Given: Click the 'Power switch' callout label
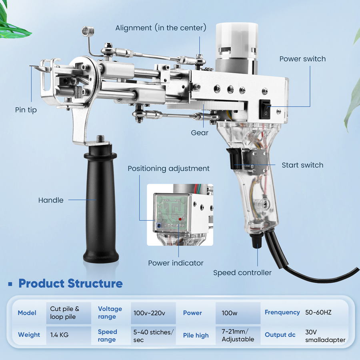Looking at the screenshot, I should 302,59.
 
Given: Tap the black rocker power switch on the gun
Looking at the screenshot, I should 265,109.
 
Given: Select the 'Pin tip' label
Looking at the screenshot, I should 26,110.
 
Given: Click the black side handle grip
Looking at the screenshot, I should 100,204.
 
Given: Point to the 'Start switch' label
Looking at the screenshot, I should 302,165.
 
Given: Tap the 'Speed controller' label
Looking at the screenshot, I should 242,273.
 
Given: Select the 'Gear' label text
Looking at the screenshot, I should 200,132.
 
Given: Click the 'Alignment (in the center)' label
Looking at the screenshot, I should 161,28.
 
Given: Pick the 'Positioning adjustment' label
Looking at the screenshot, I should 168,168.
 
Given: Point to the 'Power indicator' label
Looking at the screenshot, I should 176,263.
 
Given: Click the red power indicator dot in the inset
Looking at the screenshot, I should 180,219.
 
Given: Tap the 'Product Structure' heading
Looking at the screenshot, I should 70,284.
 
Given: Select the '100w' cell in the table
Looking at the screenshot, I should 230,313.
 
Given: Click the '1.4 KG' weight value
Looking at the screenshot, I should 59,335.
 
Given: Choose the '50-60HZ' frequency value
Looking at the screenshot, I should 318,312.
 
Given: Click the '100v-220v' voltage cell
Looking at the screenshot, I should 149,313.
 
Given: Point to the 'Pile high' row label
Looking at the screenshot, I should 196,335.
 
